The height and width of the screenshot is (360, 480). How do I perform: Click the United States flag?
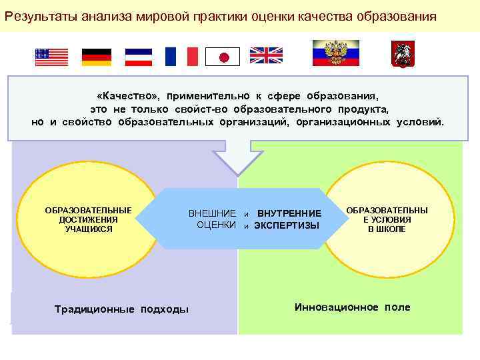point(52,57)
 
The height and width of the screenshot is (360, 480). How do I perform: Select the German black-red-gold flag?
point(97,57)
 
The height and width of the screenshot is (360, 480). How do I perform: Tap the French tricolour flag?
point(181,57)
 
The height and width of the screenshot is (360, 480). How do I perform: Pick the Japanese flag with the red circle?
point(223,57)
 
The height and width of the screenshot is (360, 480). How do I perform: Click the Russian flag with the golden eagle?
point(336,53)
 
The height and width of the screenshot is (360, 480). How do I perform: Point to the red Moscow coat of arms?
point(403,54)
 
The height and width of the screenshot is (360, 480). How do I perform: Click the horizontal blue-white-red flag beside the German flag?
point(139,57)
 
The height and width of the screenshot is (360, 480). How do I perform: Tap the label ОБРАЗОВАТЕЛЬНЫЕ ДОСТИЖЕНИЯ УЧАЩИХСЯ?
point(88,219)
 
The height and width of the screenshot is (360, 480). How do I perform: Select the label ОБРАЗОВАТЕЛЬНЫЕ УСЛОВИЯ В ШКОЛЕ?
point(387,219)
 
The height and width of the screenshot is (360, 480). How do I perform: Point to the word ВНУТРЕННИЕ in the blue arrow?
point(289,213)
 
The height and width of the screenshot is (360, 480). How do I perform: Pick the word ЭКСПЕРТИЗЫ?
point(287,226)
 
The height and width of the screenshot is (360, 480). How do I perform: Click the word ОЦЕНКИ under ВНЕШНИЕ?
point(217,225)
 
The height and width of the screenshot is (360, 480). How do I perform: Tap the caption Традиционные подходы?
point(121,309)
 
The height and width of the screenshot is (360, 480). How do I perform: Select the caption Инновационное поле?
point(352,307)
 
